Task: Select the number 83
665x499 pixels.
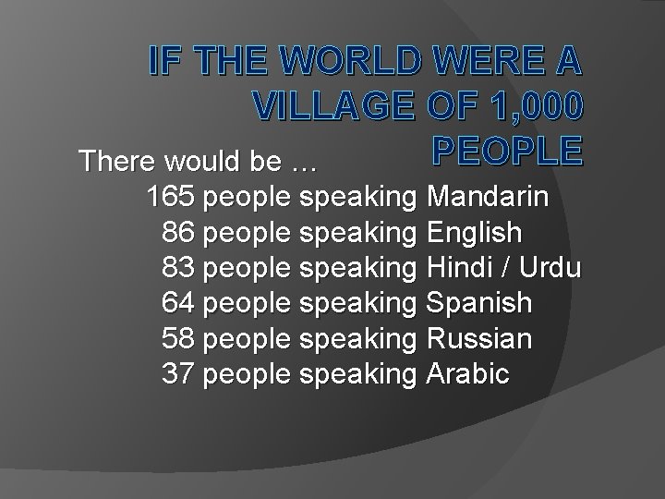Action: (x=181, y=267)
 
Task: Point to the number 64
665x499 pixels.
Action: (x=181, y=302)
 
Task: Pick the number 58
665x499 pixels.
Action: (x=181, y=337)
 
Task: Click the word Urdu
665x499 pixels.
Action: (x=550, y=267)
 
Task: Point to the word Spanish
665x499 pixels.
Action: (x=480, y=302)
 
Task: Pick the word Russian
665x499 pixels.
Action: (x=480, y=337)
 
